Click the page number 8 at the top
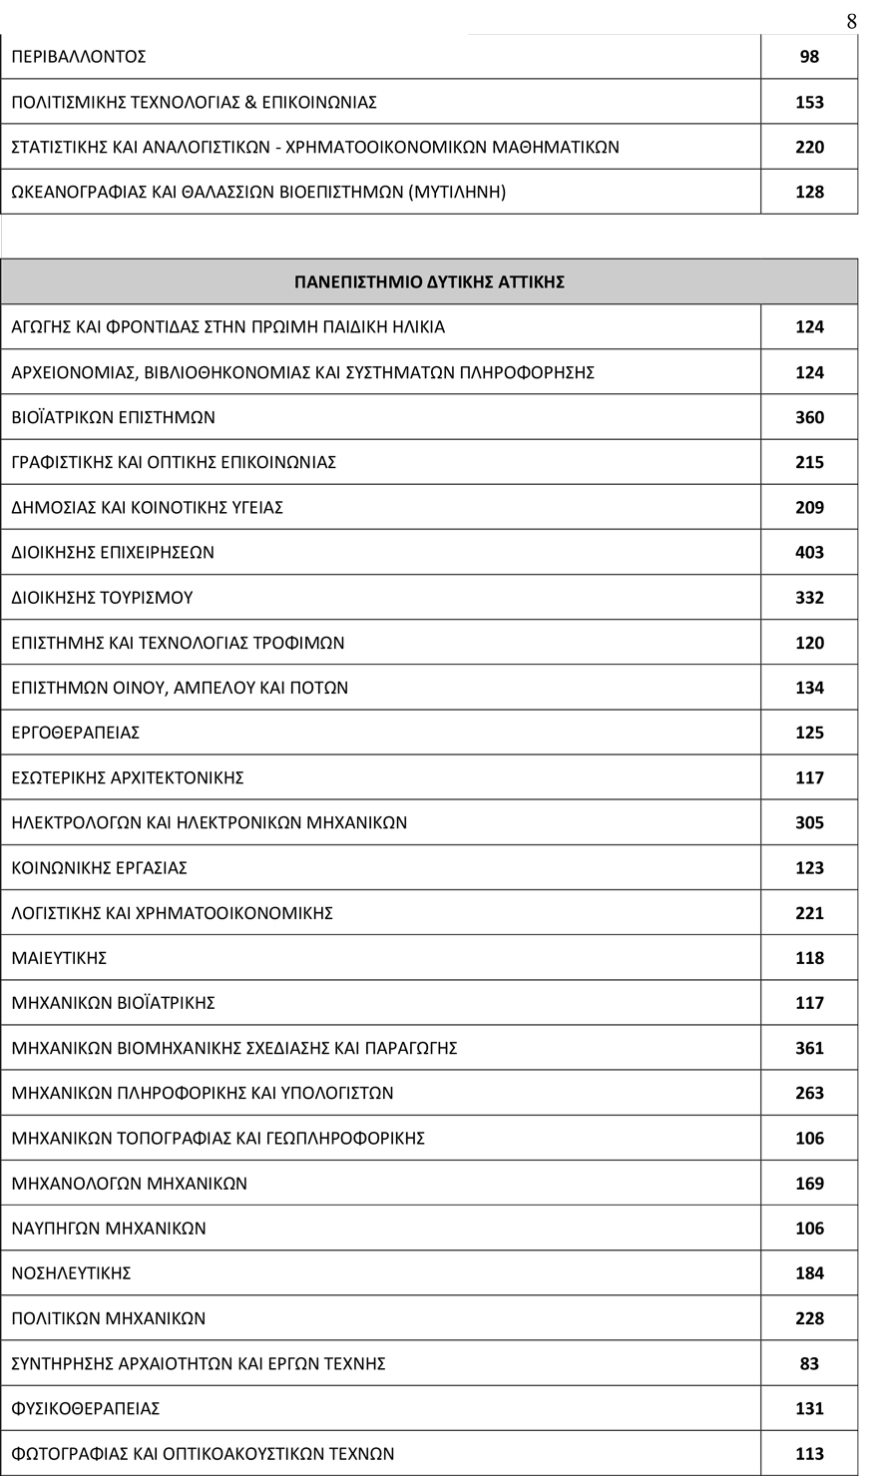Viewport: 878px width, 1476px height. point(851,21)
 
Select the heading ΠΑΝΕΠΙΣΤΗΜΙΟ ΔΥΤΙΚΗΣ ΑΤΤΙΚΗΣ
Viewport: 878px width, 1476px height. point(429,282)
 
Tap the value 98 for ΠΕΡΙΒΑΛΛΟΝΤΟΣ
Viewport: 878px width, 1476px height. point(809,57)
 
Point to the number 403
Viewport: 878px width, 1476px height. point(809,553)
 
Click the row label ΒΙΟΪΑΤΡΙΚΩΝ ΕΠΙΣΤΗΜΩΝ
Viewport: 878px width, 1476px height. point(113,418)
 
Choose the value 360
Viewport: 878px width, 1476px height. point(809,418)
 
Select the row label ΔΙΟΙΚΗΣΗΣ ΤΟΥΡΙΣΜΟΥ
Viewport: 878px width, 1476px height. point(102,598)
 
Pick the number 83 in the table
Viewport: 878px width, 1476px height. point(809,1363)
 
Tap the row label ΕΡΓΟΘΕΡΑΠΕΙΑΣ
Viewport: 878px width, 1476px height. point(75,733)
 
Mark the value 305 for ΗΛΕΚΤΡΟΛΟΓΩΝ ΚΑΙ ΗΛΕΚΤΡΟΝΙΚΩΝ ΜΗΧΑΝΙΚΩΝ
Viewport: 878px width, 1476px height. point(809,823)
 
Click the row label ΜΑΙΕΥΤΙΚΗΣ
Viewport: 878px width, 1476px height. point(59,958)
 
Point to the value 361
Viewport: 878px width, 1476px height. point(809,1048)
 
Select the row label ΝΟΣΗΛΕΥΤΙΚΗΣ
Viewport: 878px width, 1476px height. point(71,1273)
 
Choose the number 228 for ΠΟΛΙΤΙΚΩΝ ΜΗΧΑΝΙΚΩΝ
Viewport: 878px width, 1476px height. point(809,1318)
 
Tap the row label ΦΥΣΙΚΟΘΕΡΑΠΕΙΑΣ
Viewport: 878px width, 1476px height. point(85,1408)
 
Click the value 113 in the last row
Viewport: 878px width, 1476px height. point(809,1454)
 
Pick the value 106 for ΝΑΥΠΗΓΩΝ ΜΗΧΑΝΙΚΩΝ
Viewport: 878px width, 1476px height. point(809,1229)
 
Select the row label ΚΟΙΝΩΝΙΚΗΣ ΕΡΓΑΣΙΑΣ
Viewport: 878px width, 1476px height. point(99,868)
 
